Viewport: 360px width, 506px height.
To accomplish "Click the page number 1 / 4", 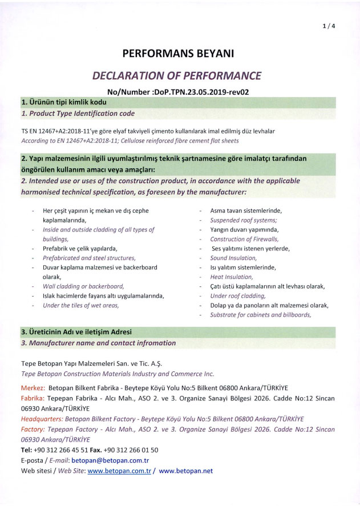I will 329,26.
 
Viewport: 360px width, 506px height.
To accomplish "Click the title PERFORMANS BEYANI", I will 178,54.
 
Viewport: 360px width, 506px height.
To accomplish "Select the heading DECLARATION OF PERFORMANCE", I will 177,76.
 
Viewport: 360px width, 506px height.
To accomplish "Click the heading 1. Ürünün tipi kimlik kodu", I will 64,102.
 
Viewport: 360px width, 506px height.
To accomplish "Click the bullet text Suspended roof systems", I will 244,220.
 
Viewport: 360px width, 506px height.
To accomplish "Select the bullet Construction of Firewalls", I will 244,239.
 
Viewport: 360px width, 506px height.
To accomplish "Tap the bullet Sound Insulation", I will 233,258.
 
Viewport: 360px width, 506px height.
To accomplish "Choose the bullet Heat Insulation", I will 231,277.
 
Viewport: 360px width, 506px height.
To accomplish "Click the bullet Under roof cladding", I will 238,295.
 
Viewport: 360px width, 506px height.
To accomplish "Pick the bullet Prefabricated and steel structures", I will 89,258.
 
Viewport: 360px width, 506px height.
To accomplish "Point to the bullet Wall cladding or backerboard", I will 83,286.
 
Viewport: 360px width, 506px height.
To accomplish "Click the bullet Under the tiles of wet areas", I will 80,305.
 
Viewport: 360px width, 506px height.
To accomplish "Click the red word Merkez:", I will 33,388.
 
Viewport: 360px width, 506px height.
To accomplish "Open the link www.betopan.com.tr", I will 119,471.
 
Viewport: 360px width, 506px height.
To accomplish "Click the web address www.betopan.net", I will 186,471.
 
